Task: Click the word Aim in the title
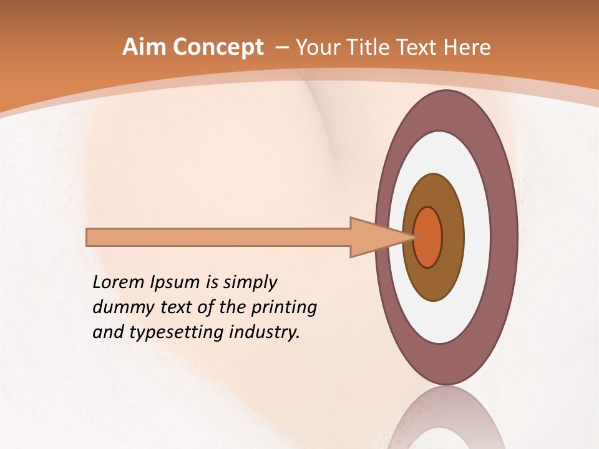coord(144,47)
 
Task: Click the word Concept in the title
coord(218,47)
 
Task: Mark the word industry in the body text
coord(265,332)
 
